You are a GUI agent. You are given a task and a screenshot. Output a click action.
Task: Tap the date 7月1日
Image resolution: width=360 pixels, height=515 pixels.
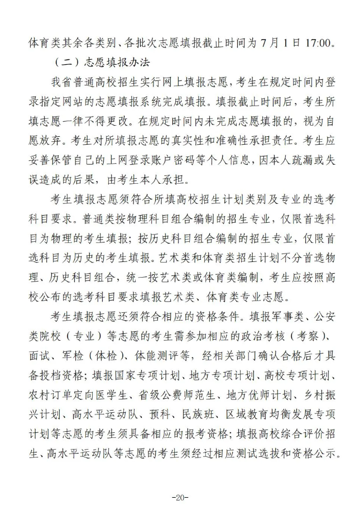277,42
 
